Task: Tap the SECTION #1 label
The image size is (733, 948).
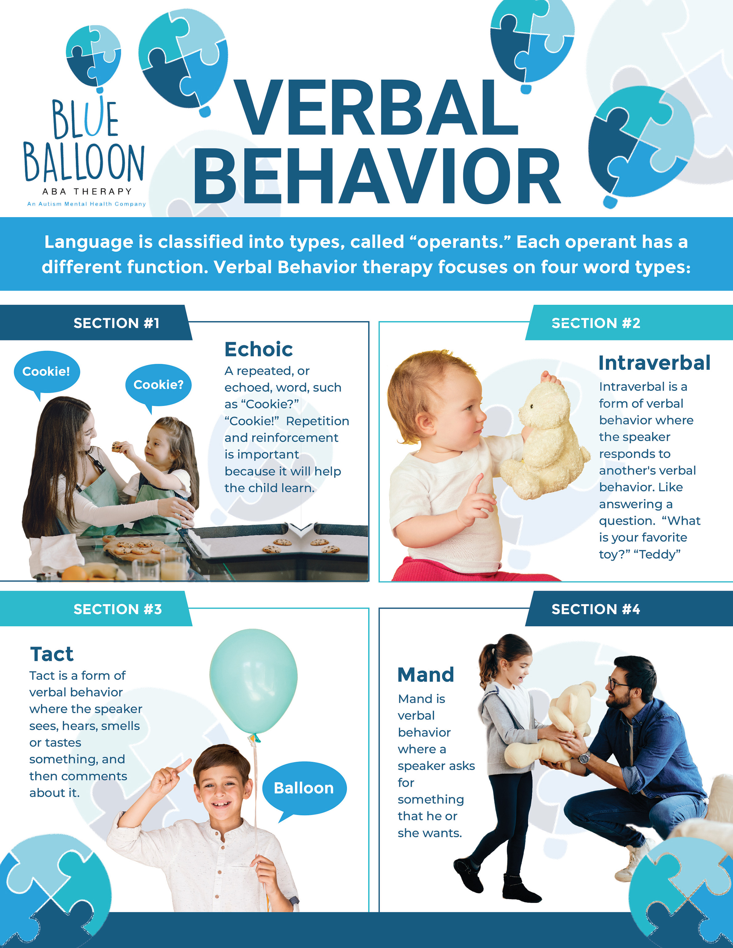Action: (116, 323)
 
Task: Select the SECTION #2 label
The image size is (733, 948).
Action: (596, 323)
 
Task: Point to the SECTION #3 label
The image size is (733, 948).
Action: (117, 609)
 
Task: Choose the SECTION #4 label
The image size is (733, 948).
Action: (596, 609)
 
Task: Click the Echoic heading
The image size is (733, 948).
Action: (258, 349)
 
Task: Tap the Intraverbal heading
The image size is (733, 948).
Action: (654, 363)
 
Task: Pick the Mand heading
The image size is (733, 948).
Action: (426, 675)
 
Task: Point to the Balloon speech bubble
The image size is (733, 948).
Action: (304, 788)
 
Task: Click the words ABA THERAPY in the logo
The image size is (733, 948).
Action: (87, 191)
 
